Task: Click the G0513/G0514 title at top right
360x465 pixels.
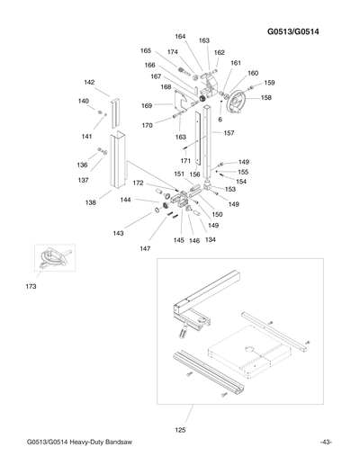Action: (x=299, y=33)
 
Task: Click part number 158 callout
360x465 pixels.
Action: (x=266, y=97)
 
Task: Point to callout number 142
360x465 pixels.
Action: (x=90, y=82)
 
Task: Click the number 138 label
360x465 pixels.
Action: (x=90, y=202)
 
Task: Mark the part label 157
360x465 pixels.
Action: (x=229, y=132)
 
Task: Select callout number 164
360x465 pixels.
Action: (x=180, y=37)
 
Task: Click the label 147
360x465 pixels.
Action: (x=145, y=247)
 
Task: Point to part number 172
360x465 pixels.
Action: (x=138, y=183)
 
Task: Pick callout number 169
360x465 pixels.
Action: (x=147, y=105)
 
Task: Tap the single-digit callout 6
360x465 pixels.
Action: (x=220, y=119)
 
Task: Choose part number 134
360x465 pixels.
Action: (x=211, y=240)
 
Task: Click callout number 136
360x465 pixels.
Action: (x=82, y=165)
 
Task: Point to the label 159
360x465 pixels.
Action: (x=269, y=83)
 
